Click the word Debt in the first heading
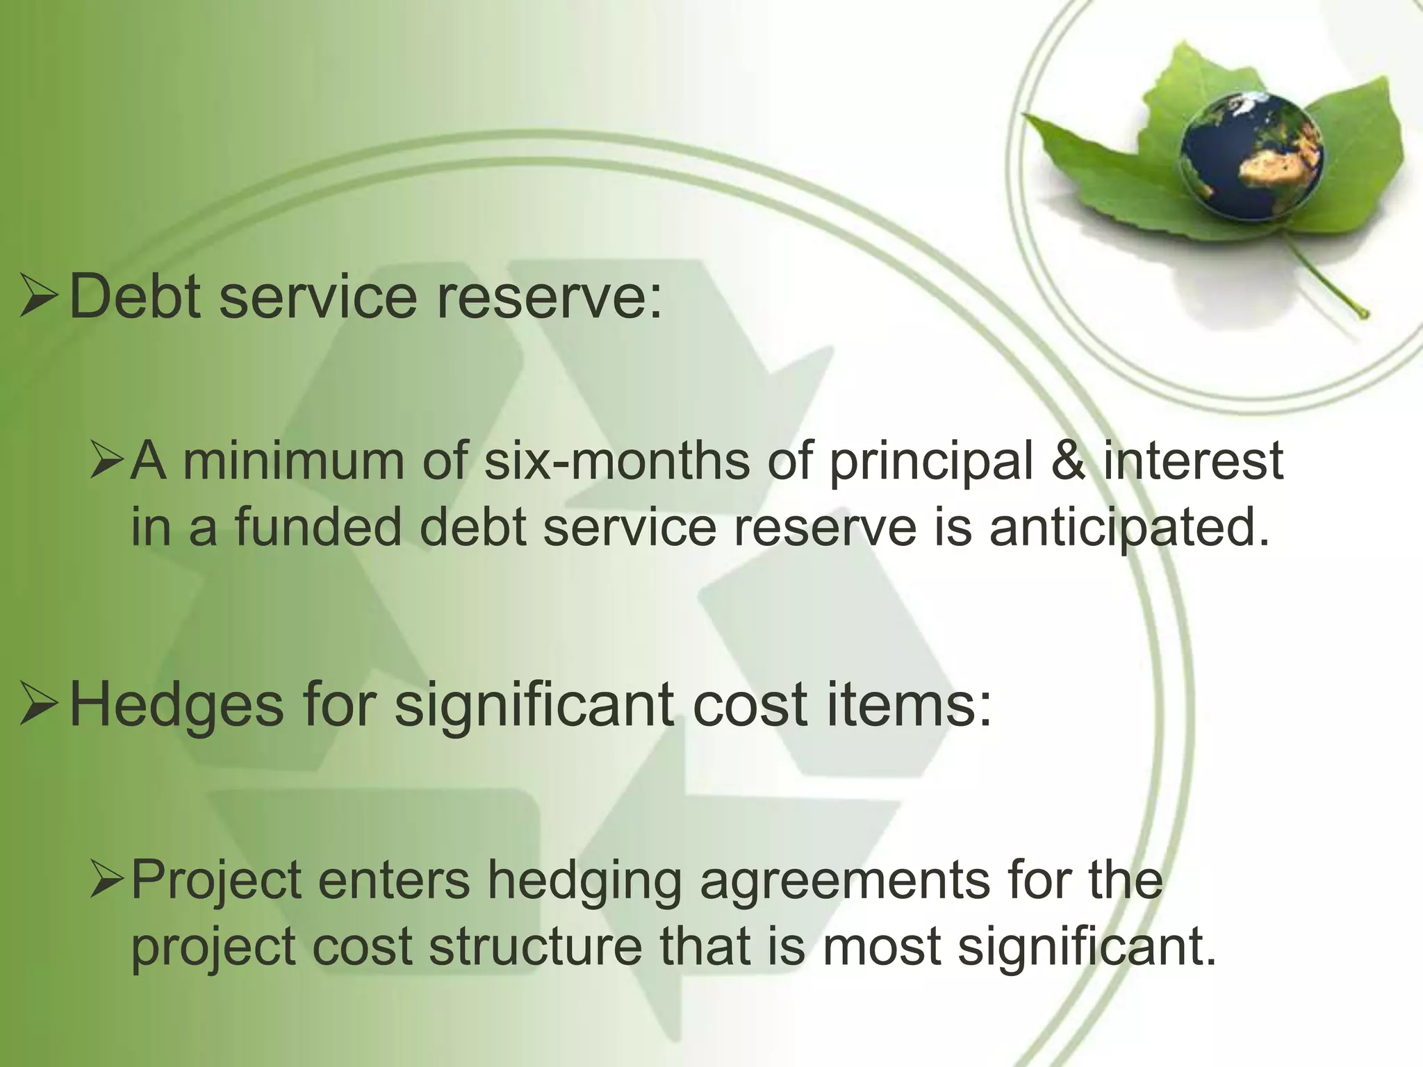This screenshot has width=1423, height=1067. pos(135,297)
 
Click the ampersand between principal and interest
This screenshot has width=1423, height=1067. pos(1068,461)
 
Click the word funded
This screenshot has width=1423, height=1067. pos(319,527)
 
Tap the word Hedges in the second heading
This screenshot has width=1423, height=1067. pos(176,706)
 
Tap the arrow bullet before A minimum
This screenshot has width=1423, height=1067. pos(106,462)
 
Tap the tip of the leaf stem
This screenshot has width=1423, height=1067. pos(1363,314)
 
